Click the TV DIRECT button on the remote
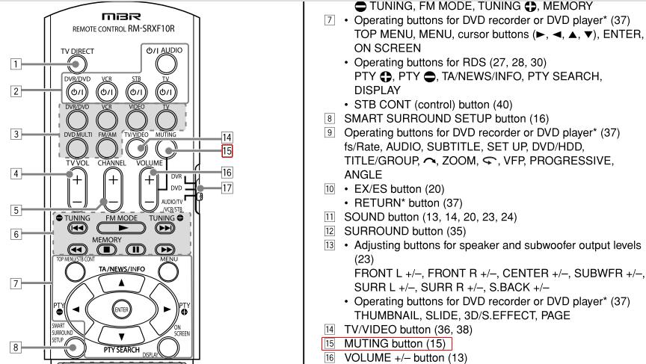76,64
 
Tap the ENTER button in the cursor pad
122,309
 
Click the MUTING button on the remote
166,149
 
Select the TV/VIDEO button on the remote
136,149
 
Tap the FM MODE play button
122,228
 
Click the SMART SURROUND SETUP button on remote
74,347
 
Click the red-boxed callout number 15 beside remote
227,151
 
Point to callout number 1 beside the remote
16,64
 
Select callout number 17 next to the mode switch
227,188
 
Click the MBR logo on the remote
122,16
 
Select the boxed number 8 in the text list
330,119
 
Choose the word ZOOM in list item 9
460,161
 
